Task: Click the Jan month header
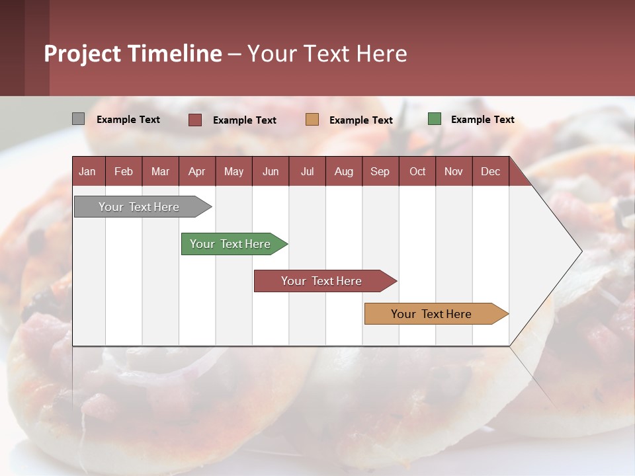87,171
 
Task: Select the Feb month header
124,171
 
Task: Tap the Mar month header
160,171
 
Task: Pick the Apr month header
197,171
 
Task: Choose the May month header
233,171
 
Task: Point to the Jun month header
271,171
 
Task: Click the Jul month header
307,171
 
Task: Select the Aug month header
344,171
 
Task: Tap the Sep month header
380,171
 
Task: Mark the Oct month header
417,171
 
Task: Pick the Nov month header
454,171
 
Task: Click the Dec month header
491,171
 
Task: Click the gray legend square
78,119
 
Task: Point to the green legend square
435,119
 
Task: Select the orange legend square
312,120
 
